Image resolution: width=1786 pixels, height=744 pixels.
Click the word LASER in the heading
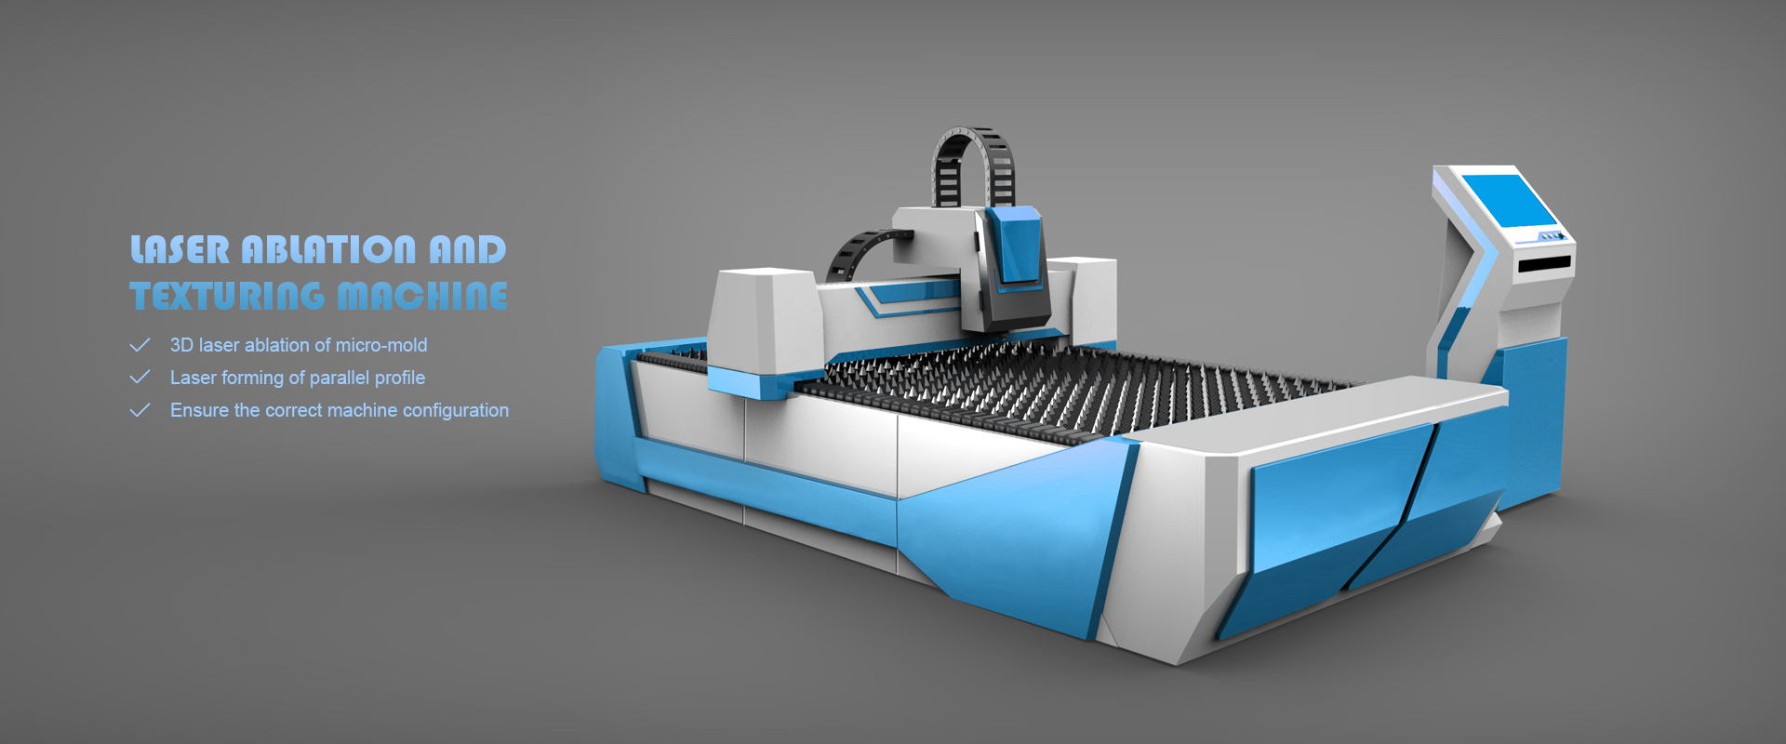click(180, 249)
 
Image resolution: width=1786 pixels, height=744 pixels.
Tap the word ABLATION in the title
click(328, 249)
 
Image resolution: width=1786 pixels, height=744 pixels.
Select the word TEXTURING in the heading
click(228, 296)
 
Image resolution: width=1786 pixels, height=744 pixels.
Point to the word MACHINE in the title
click(422, 296)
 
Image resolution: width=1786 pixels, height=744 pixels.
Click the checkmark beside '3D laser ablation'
click(140, 345)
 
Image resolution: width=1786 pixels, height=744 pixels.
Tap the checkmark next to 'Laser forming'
click(140, 378)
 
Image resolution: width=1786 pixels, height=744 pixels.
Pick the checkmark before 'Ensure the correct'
click(140, 410)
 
